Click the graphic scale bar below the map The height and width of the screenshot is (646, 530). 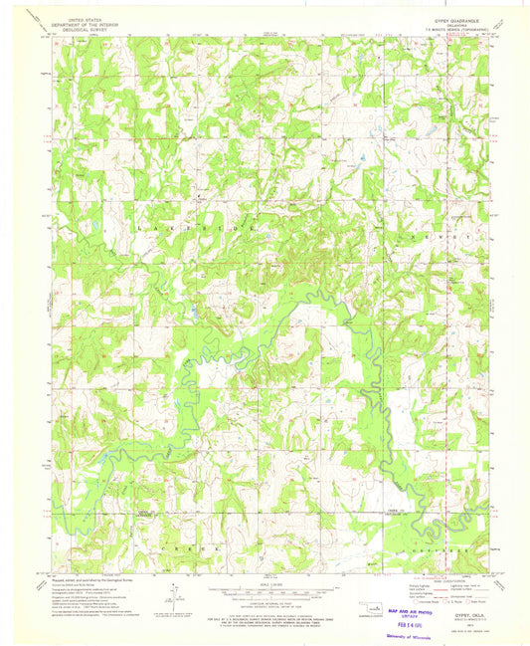[264, 588]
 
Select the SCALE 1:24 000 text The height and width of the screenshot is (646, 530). [264, 580]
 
